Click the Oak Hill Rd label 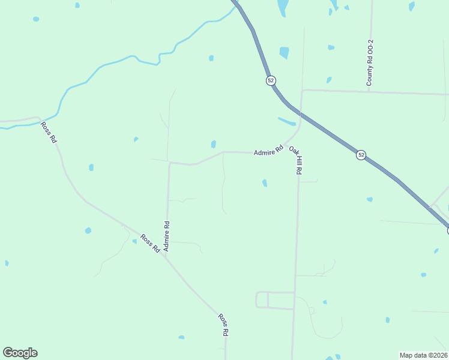pyautogui.click(x=295, y=160)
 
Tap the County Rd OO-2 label pyautogui.click(x=370, y=62)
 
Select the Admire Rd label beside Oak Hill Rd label pyautogui.click(x=268, y=151)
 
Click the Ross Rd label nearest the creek pyautogui.click(x=49, y=132)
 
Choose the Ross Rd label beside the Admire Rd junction pyautogui.click(x=149, y=242)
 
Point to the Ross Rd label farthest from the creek pyautogui.click(x=223, y=325)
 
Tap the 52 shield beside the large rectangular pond pyautogui.click(x=271, y=80)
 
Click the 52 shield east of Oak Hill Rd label pyautogui.click(x=361, y=155)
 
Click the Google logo pyautogui.click(x=20, y=353)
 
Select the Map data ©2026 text pyautogui.click(x=424, y=355)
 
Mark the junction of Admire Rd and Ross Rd pyautogui.click(x=164, y=255)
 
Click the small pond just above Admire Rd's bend pyautogui.click(x=213, y=144)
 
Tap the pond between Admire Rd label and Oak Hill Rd pyautogui.click(x=265, y=183)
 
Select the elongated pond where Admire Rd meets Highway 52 pyautogui.click(x=287, y=121)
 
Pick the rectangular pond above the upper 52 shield pyautogui.click(x=284, y=53)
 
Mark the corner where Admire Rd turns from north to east pyautogui.click(x=170, y=163)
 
